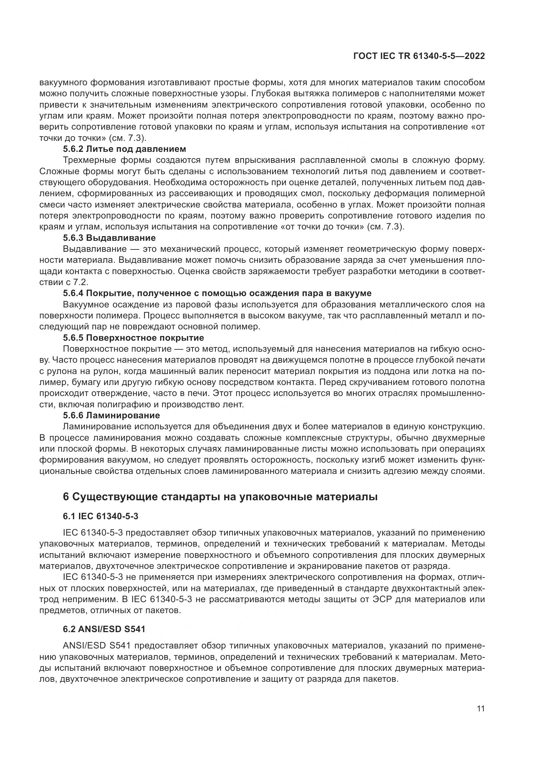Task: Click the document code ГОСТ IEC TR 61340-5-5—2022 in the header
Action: pos(419,56)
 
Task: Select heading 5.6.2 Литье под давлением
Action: pos(125,149)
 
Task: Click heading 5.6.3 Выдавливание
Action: pos(109,238)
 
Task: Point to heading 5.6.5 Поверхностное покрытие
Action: pos(133,338)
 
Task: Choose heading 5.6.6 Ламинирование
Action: pos(111,415)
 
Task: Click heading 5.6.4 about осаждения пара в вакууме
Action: pos(217,293)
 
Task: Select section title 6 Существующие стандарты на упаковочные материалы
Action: pos(220,497)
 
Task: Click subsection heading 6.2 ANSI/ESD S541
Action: pos(104,629)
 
